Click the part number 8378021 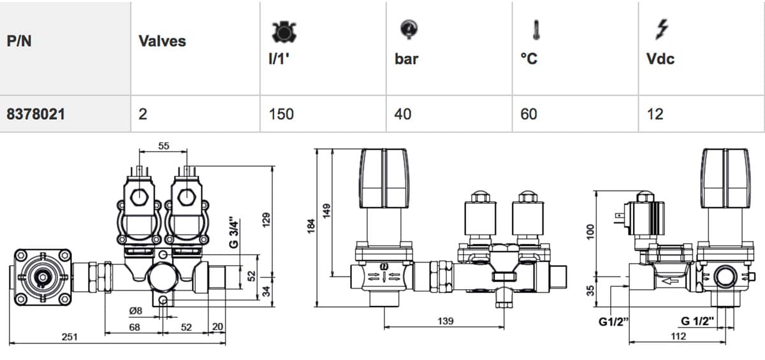tap(36, 114)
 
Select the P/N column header tap(20, 41)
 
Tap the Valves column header tap(162, 41)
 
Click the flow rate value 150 tap(281, 114)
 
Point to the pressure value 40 tap(403, 114)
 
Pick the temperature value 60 tap(528, 114)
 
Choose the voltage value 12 tap(655, 114)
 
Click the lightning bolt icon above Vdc tap(662, 29)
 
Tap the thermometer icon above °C tap(536, 30)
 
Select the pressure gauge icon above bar tap(409, 29)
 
